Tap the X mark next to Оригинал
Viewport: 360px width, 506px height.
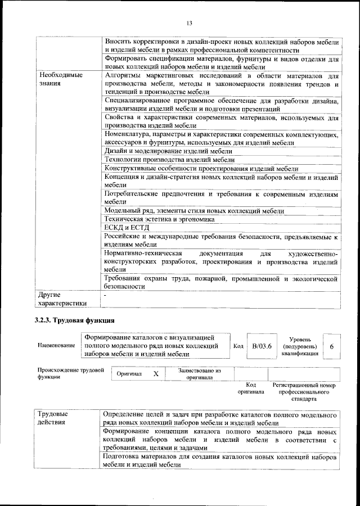[156, 373]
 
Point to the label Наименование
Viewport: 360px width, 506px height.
[56, 346]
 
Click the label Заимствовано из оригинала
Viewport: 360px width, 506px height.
[200, 374]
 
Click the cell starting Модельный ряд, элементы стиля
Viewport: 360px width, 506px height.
[194, 210]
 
